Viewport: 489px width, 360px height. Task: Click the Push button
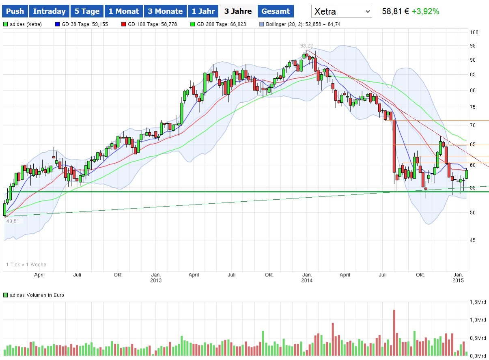pos(15,11)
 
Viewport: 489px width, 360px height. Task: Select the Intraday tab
pos(49,11)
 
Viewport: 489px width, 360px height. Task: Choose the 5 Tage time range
pos(87,11)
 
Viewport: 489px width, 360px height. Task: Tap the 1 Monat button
pos(123,11)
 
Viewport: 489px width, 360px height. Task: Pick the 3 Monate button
pos(165,11)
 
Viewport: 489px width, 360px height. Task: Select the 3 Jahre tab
pos(238,11)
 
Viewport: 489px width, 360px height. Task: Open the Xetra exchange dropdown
pos(341,11)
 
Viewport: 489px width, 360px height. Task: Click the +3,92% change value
pos(425,11)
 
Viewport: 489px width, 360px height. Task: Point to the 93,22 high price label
pos(306,45)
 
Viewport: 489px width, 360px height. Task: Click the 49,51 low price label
pos(13,221)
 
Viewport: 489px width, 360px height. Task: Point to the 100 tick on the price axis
pos(474,32)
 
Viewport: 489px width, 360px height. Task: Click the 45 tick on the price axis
pos(473,240)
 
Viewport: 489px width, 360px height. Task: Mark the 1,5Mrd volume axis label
pos(478,302)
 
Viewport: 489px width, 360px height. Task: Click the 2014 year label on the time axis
pos(307,280)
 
